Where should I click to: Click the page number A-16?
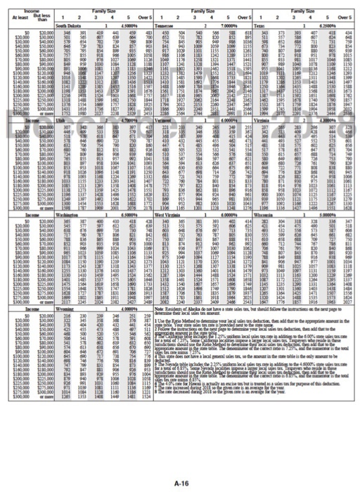(x=180, y=464)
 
